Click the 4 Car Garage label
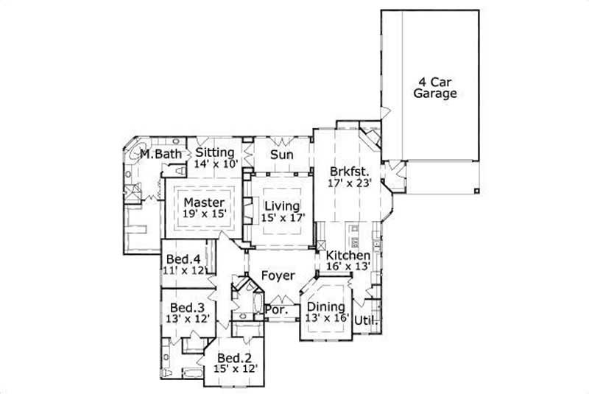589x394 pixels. tap(434, 88)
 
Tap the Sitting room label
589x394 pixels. tap(215, 152)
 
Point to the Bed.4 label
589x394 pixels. tap(181, 259)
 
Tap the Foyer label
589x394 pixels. tap(278, 276)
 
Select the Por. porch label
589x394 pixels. tap(277, 310)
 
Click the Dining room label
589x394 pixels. tap(325, 306)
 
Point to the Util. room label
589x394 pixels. tap(366, 320)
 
